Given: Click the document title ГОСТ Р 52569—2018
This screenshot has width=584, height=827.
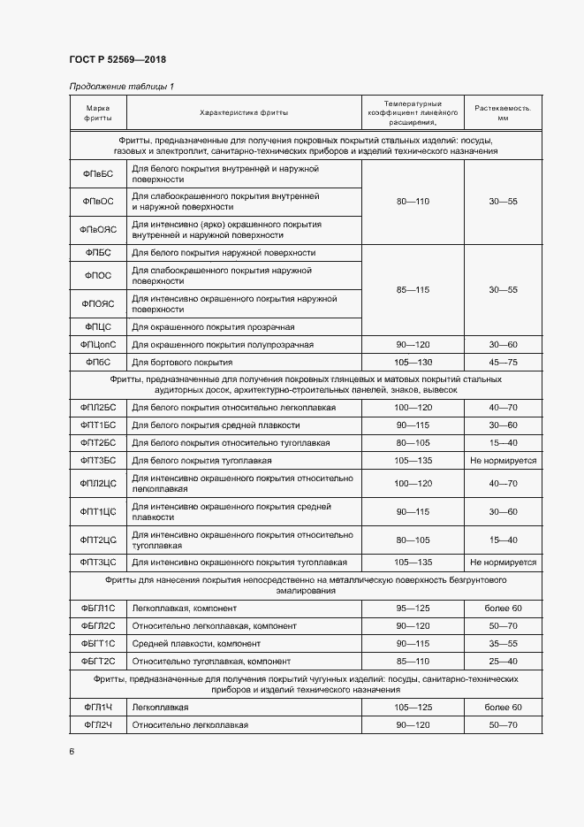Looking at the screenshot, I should (117, 60).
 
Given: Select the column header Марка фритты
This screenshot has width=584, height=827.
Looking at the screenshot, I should (97, 112).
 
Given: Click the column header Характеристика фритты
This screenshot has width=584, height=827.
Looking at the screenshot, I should (244, 112).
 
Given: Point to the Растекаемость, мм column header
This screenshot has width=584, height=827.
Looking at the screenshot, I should (503, 112).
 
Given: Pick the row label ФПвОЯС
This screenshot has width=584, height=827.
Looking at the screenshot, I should (97, 230).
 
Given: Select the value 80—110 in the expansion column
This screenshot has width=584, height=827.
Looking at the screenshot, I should (413, 202).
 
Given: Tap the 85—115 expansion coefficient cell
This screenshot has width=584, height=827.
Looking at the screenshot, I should (413, 290).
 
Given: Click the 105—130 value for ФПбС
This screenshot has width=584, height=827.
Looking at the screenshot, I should (413, 363).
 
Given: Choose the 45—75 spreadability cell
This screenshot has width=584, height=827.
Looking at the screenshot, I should (503, 363).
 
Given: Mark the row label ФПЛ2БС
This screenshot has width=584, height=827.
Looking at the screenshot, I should (98, 407).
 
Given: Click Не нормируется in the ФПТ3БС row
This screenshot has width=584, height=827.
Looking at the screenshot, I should (503, 460).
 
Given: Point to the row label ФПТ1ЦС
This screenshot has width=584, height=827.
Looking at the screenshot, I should (98, 511).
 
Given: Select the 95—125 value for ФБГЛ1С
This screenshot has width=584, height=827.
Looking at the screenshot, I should (413, 609).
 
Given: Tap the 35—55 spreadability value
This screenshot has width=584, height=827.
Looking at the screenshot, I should (503, 643).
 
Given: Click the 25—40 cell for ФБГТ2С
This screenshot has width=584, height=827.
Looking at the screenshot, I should (503, 661).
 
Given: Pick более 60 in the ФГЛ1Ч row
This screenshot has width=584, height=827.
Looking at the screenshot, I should (503, 708).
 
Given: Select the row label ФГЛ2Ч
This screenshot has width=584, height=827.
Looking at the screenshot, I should (98, 725).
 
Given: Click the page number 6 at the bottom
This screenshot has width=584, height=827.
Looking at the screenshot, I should (72, 751).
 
